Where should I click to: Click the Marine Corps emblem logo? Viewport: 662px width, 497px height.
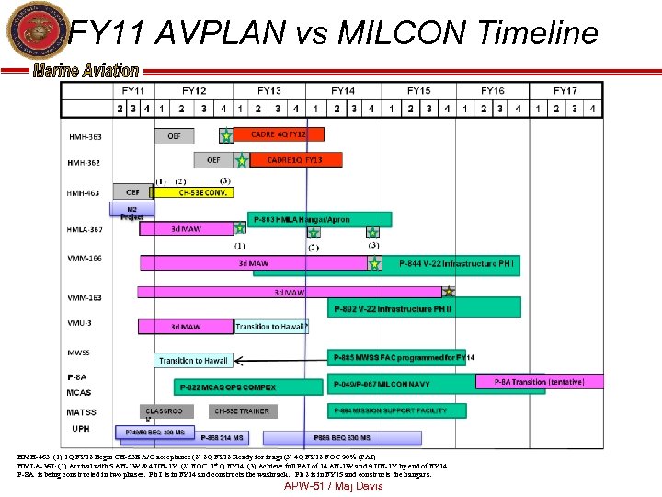click(32, 33)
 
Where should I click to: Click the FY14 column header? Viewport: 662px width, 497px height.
click(343, 91)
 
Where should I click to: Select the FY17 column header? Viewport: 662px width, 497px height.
click(565, 91)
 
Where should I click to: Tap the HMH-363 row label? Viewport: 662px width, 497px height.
click(86, 136)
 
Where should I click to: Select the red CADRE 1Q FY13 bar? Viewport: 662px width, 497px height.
click(295, 160)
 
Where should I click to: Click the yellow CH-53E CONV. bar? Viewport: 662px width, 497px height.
click(192, 192)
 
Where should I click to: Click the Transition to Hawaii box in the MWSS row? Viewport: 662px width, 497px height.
click(193, 361)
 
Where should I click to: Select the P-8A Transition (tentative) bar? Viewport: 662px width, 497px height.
click(538, 381)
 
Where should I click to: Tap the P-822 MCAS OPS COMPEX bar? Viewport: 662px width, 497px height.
click(234, 387)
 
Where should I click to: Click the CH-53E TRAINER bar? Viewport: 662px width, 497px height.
click(240, 411)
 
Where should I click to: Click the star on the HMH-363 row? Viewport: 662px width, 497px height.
click(225, 136)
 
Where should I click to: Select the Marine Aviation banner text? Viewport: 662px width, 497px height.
click(86, 71)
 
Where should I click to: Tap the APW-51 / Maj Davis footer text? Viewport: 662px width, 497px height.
click(333, 485)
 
